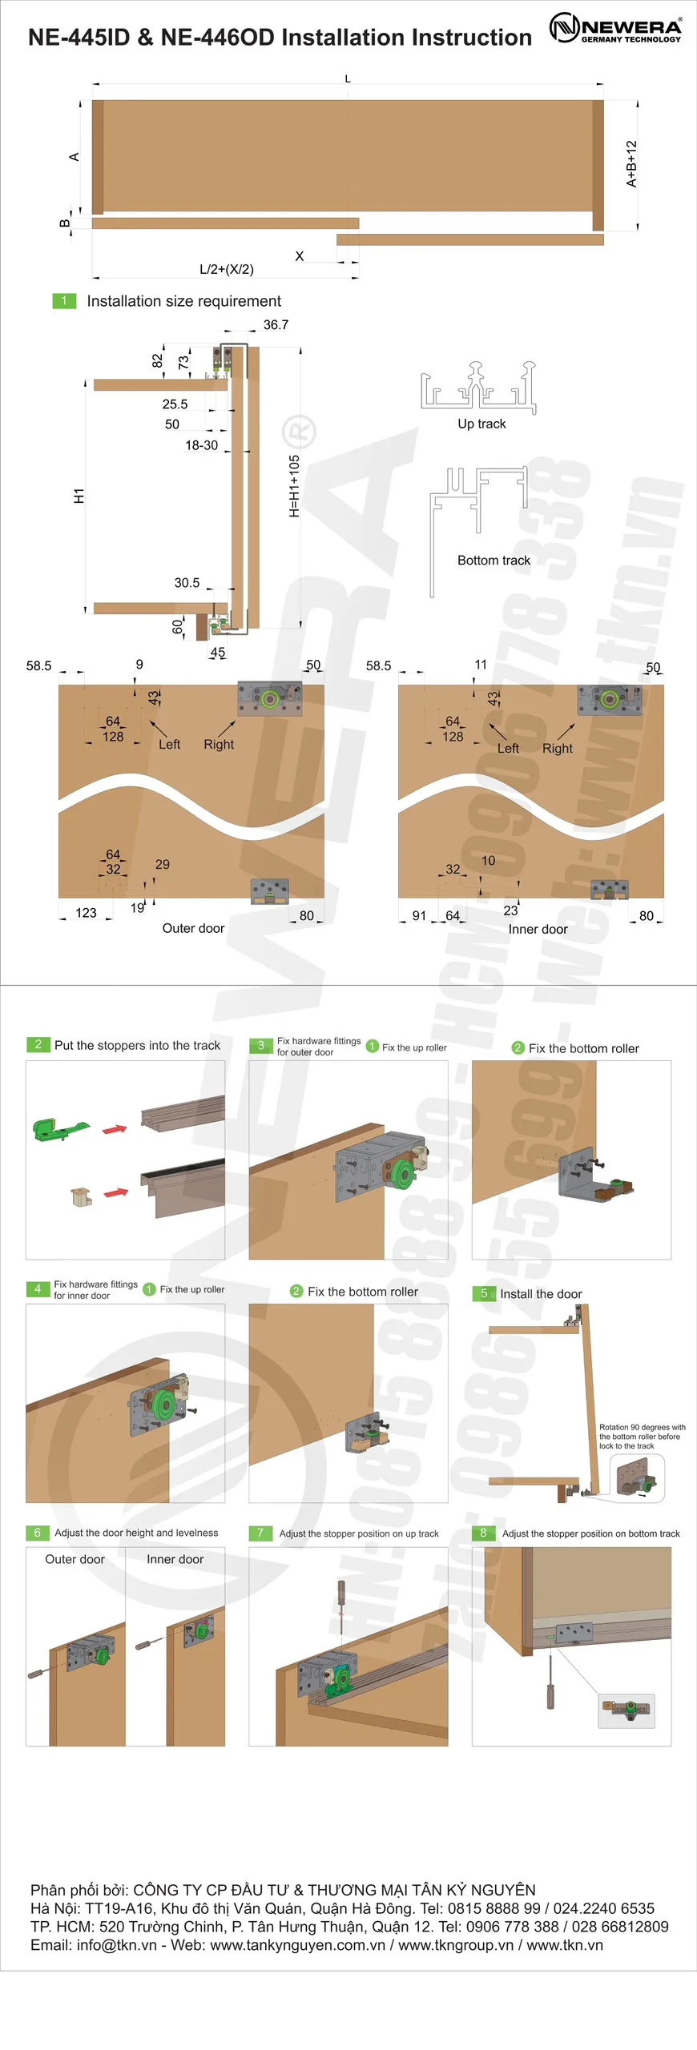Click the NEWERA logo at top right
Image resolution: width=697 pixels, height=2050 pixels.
coord(615,28)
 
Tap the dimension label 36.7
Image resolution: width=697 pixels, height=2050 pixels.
coord(276,325)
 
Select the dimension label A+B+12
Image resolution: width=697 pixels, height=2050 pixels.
coord(631,164)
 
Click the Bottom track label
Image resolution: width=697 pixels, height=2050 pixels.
coord(494,561)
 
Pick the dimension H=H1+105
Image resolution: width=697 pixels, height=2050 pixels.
coord(294,486)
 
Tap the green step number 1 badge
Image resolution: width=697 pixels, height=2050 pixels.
coord(64,300)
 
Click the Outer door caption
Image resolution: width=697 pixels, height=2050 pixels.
coord(193,928)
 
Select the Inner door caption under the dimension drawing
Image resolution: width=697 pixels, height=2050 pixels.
coord(538,929)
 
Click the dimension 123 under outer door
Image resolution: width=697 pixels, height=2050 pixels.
coord(86,913)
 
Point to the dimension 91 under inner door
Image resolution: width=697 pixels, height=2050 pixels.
coord(419,915)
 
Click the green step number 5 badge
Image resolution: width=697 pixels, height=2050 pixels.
coord(484,1293)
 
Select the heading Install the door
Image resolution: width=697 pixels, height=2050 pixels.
coord(541,1294)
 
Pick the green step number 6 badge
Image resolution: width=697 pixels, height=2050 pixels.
coord(38,1533)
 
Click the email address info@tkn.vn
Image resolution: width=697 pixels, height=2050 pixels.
coord(117,1945)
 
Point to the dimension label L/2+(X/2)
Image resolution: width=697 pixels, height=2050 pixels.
coord(227,269)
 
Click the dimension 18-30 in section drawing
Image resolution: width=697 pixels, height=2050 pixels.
coord(201,445)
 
